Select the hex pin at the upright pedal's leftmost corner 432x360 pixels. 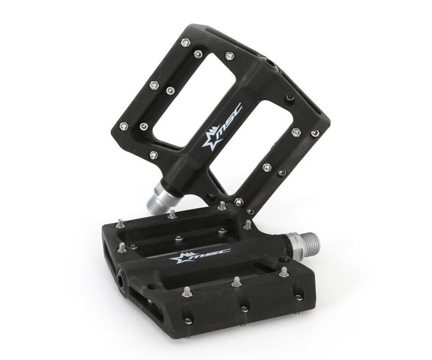click(122, 126)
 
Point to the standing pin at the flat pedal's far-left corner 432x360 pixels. click(121, 222)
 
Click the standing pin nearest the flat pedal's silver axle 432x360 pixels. click(248, 223)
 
